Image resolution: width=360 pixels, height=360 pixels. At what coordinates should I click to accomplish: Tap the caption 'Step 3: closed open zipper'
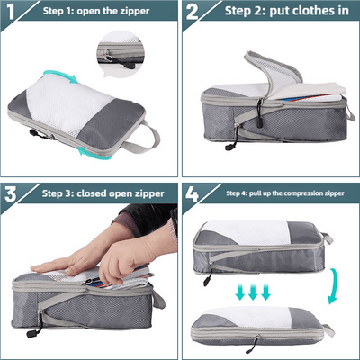click(x=99, y=193)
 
